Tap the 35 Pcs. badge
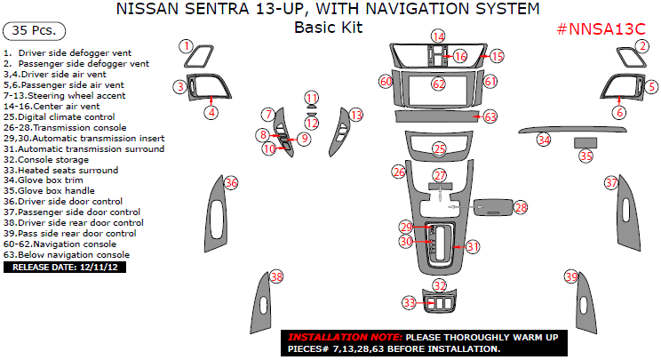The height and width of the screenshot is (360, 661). pyautogui.click(x=34, y=30)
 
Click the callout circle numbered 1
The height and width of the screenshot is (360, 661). pyautogui.click(x=186, y=46)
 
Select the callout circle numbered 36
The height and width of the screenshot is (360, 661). pyautogui.click(x=231, y=182)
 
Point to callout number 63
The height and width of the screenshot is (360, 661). pyautogui.click(x=490, y=116)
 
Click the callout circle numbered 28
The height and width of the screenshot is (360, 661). pyautogui.click(x=521, y=206)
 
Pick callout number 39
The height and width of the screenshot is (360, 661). pyautogui.click(x=570, y=277)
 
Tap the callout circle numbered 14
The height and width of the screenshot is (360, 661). pyautogui.click(x=439, y=36)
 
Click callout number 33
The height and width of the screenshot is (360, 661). pyautogui.click(x=409, y=303)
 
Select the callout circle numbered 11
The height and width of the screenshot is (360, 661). pyautogui.click(x=311, y=98)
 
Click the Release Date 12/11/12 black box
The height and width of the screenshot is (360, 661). pyautogui.click(x=65, y=266)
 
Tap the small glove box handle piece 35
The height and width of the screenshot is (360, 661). pyautogui.click(x=585, y=142)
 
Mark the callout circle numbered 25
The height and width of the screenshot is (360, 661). pyautogui.click(x=439, y=149)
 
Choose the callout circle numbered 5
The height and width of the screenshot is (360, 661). pyautogui.click(x=651, y=87)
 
